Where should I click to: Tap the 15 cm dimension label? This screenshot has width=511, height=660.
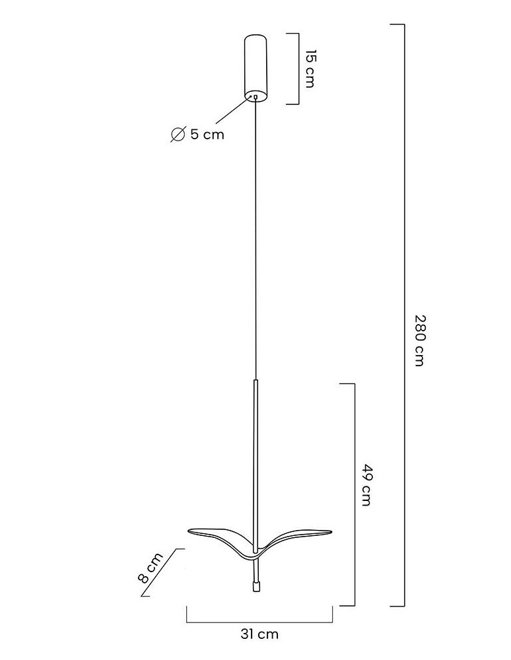coord(310,69)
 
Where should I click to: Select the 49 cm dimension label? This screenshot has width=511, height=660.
coord(366,485)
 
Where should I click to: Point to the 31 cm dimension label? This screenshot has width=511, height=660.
coord(259,634)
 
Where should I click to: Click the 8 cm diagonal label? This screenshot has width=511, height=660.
coord(150,568)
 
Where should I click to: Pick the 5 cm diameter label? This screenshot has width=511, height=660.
coord(207,134)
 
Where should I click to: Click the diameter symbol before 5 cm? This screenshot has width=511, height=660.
coord(178,134)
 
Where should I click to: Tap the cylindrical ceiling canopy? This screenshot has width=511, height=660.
coord(256,68)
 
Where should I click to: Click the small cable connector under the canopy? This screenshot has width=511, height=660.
coord(255,97)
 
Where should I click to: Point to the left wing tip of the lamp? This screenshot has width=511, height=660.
coord(189,531)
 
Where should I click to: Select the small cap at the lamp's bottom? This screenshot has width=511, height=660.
coord(256,587)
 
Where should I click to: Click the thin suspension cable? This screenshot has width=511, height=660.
coord(255,240)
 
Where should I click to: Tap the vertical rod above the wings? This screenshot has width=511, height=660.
coord(255,466)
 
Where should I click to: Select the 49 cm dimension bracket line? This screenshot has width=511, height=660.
coord(354,494)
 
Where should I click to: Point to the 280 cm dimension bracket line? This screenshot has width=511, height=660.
coord(404,315)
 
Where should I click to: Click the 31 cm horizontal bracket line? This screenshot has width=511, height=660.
coord(259,621)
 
